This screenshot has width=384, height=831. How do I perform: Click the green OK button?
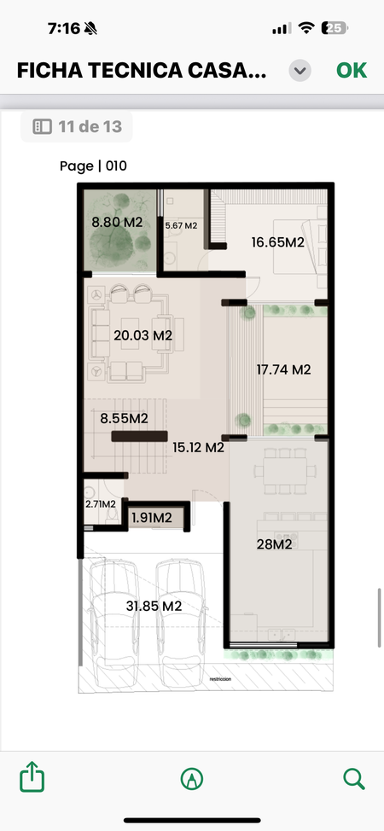tap(352, 71)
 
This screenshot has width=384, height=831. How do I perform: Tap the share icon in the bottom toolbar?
tap(32, 777)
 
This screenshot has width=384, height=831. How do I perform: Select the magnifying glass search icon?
tap(354, 779)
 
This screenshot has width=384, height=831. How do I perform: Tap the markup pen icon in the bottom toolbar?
tap(192, 779)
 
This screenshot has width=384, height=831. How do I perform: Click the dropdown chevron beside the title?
tap(300, 71)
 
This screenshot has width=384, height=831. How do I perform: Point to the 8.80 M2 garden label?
tap(117, 223)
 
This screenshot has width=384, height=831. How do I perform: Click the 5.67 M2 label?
tap(181, 226)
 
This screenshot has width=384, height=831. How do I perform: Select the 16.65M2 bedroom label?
tap(278, 242)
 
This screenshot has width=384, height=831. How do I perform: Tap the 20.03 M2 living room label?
tap(143, 335)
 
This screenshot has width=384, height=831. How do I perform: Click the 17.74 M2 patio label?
tap(284, 369)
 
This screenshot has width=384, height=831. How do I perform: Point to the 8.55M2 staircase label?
tap(124, 418)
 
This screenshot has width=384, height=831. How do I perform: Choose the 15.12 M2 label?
tap(198, 447)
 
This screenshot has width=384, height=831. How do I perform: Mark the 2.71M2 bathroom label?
tap(101, 504)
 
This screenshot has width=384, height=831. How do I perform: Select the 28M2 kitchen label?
tap(274, 544)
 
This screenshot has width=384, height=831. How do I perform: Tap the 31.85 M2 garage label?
tap(154, 607)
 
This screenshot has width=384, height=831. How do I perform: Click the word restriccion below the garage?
tap(221, 679)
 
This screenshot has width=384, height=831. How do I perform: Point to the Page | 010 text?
tap(93, 166)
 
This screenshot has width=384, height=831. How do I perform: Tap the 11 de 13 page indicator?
tap(77, 126)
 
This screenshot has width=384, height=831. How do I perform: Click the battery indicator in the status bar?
tap(335, 28)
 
